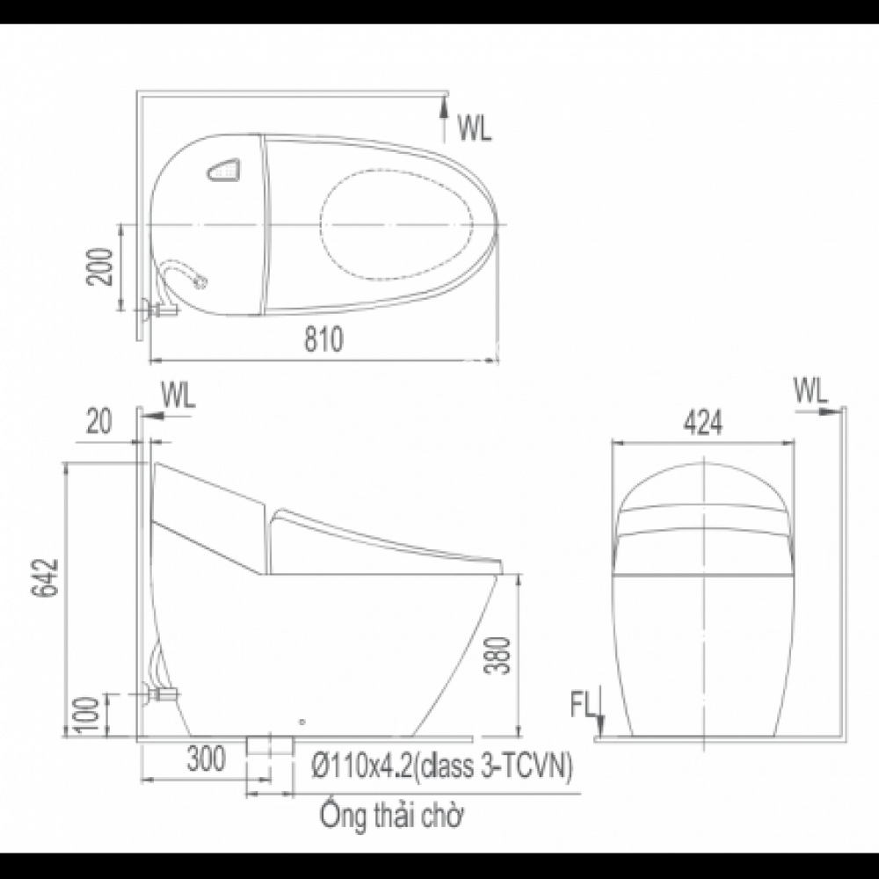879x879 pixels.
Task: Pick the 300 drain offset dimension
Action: pyautogui.click(x=206, y=756)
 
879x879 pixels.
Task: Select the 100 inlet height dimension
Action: pyautogui.click(x=88, y=714)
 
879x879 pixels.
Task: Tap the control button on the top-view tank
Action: pyautogui.click(x=224, y=169)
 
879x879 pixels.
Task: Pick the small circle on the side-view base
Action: pyautogui.click(x=301, y=722)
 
